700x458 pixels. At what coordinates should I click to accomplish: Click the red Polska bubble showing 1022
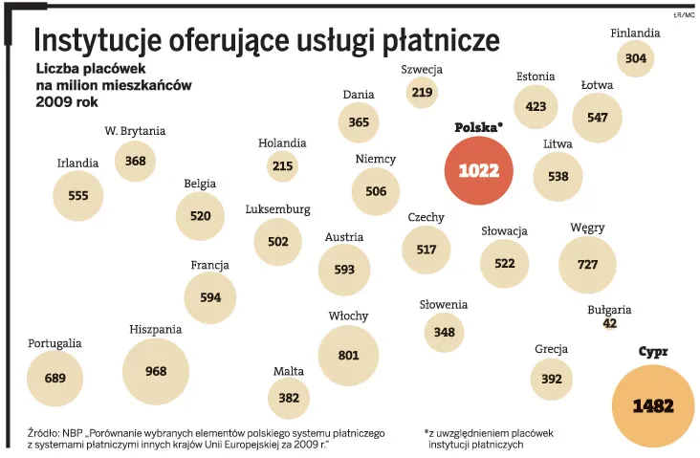pyautogui.click(x=479, y=170)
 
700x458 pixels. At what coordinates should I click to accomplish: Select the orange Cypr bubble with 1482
pyautogui.click(x=653, y=406)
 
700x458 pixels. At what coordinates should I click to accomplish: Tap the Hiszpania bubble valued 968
pyautogui.click(x=156, y=371)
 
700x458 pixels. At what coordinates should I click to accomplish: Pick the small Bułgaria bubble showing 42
pyautogui.click(x=610, y=323)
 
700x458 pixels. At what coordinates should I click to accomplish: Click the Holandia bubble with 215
pyautogui.click(x=282, y=166)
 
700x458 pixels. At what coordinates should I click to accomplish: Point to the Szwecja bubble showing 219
pyautogui.click(x=422, y=92)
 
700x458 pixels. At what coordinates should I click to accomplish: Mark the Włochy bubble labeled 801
pyautogui.click(x=349, y=355)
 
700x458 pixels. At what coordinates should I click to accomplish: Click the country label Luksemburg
pyautogui.click(x=277, y=209)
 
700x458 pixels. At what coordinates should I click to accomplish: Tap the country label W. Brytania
pyautogui.click(x=135, y=131)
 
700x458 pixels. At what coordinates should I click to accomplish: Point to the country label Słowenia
pyautogui.click(x=444, y=304)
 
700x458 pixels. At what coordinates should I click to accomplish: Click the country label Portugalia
pyautogui.click(x=55, y=342)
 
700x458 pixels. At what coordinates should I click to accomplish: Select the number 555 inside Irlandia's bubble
pyautogui.click(x=78, y=195)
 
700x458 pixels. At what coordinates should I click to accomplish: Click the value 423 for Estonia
pyautogui.click(x=536, y=107)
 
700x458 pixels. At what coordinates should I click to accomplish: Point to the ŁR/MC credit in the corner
pyautogui.click(x=683, y=14)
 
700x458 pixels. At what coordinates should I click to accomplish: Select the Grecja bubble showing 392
pyautogui.click(x=552, y=379)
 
